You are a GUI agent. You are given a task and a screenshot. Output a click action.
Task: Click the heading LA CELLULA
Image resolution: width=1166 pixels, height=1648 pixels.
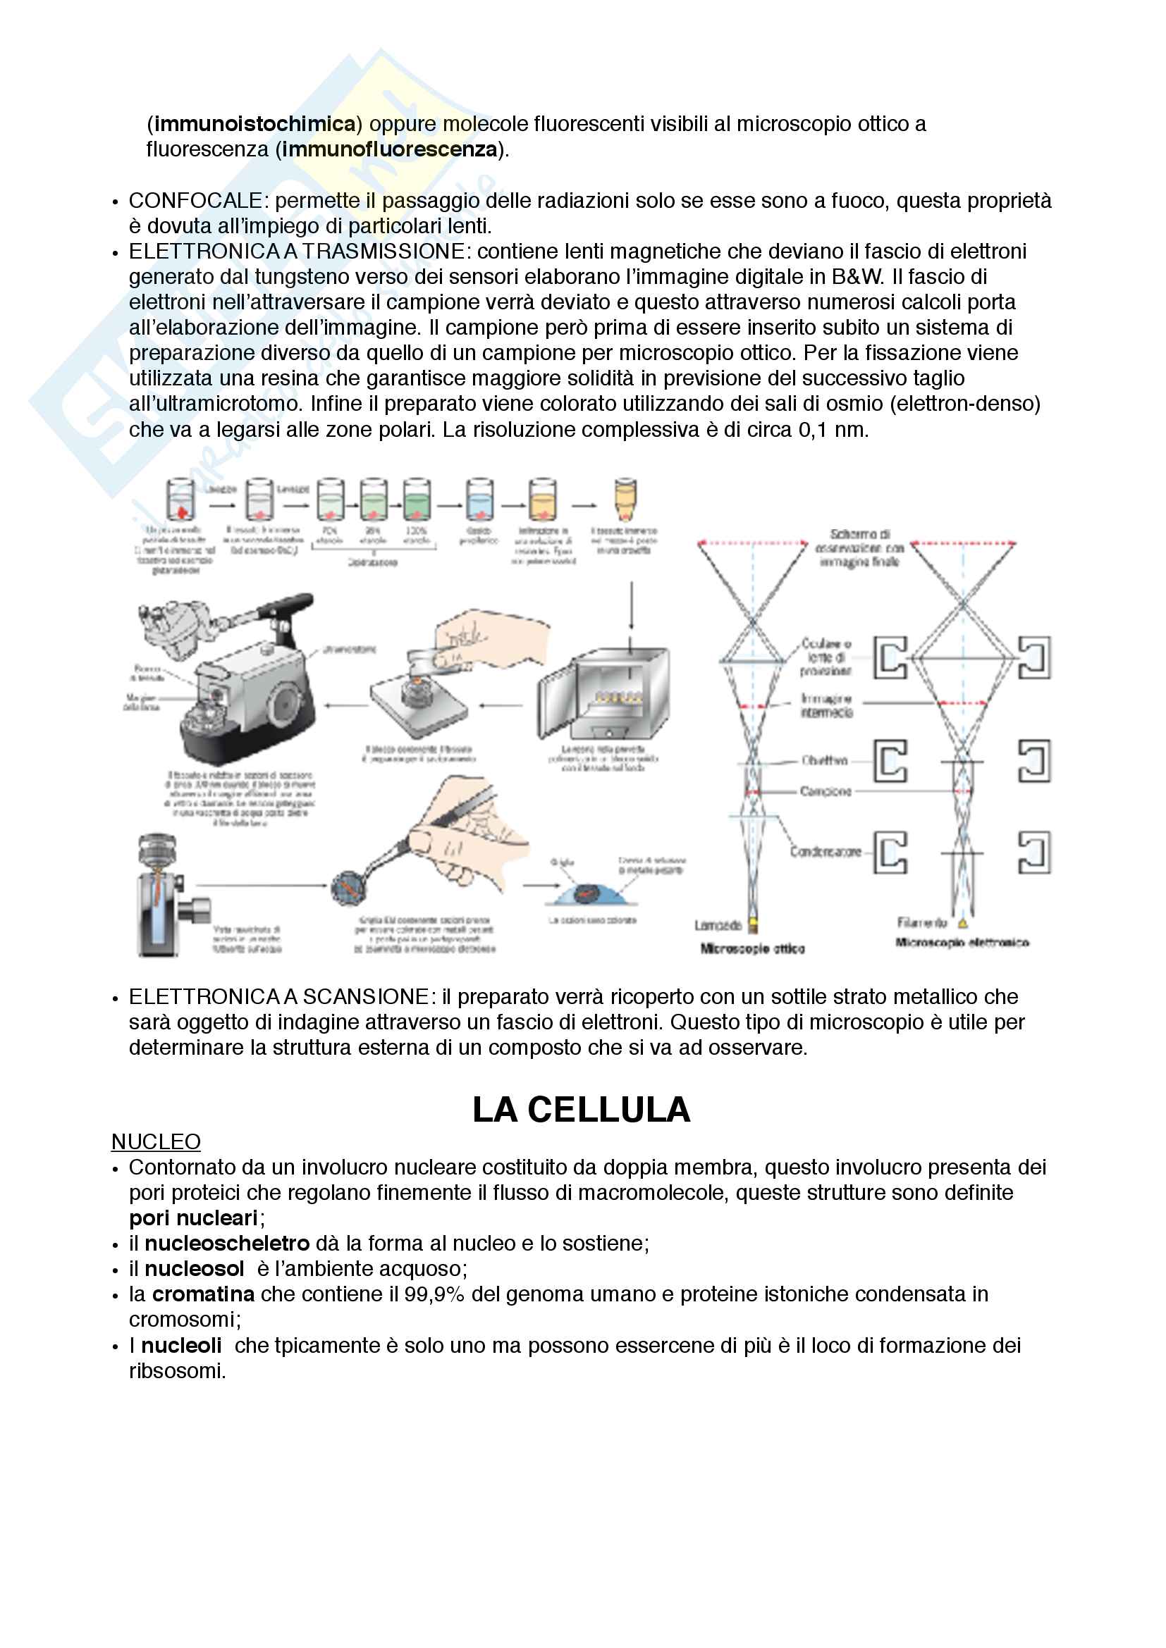[x=581, y=1110]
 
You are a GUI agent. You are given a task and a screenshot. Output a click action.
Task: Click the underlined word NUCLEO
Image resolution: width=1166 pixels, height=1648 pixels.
[x=156, y=1141]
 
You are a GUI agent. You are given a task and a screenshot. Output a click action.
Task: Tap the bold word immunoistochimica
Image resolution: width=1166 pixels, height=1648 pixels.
[x=255, y=124]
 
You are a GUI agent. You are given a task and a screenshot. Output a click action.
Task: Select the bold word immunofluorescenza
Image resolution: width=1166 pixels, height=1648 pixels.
[x=390, y=149]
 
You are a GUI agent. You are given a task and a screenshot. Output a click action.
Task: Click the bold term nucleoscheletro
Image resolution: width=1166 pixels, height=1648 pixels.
[x=227, y=1243]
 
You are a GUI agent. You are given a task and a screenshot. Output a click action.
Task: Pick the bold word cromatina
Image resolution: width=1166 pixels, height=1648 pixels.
[x=203, y=1294]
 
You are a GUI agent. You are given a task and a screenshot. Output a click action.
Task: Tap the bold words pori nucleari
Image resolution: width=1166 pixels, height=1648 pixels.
[x=193, y=1218]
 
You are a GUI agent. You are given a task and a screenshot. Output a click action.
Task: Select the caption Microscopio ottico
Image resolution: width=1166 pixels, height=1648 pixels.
[x=751, y=949]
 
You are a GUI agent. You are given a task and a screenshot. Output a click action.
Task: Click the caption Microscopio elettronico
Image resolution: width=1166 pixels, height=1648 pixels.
[x=962, y=943]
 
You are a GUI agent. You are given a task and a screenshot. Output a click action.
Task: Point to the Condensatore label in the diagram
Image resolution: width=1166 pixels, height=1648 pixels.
[x=825, y=852]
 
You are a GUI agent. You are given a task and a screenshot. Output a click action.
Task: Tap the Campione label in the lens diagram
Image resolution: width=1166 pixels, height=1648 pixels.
[x=826, y=791]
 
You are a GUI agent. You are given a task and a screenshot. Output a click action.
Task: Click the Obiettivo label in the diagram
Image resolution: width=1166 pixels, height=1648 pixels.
[x=824, y=760]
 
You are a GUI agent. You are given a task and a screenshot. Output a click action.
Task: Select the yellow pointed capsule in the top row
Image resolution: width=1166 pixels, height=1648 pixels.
[x=625, y=499]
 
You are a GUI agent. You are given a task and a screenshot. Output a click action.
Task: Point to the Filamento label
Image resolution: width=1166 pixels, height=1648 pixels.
[x=922, y=922]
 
